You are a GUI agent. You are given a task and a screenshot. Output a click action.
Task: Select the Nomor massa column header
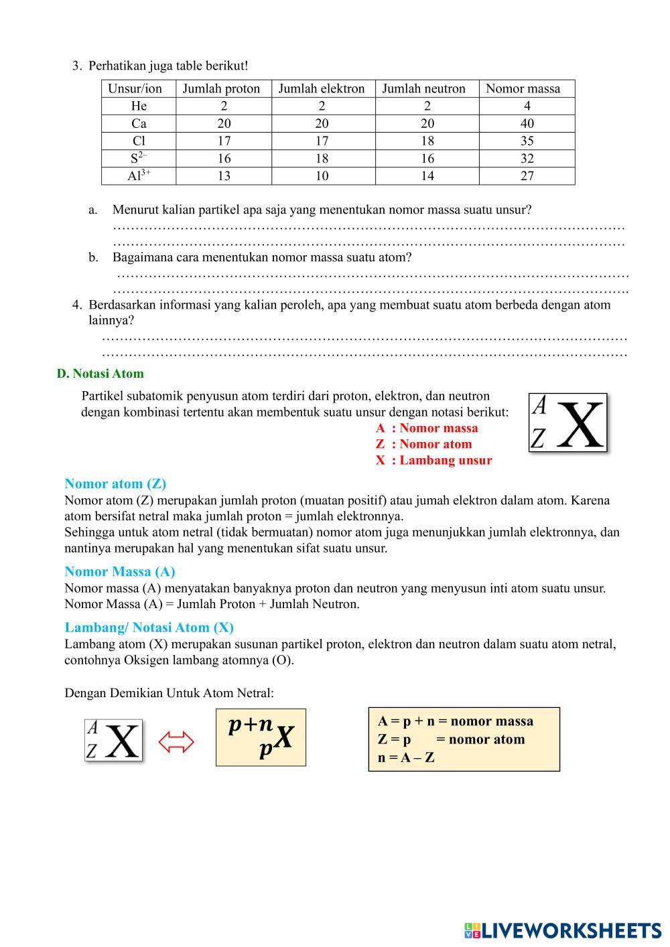click(x=523, y=88)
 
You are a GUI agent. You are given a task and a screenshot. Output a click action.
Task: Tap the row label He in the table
click(x=139, y=106)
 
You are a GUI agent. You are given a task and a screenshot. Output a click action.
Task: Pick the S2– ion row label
click(x=139, y=158)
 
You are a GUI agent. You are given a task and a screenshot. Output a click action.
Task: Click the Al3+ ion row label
click(x=139, y=175)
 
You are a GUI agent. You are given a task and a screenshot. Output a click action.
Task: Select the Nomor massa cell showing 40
click(x=527, y=123)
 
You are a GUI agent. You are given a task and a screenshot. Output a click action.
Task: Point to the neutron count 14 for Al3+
click(x=427, y=175)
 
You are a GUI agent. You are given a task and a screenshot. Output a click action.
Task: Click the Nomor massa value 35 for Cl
click(x=527, y=141)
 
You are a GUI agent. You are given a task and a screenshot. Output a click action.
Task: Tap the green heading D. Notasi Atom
click(x=100, y=374)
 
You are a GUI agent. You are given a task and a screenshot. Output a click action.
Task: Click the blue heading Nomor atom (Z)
click(x=115, y=484)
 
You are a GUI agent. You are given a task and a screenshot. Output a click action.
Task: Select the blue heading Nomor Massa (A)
click(x=119, y=571)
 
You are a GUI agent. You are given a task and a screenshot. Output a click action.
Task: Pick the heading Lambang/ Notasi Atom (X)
click(x=149, y=628)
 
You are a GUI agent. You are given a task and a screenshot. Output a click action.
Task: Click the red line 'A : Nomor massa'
click(x=427, y=428)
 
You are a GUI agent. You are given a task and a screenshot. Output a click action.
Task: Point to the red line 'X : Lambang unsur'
click(x=433, y=460)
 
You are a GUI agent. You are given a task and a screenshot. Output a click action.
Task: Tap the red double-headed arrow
click(x=176, y=741)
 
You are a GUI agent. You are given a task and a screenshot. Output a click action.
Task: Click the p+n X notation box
click(x=261, y=737)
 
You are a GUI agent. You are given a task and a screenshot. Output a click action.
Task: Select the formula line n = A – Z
click(x=406, y=758)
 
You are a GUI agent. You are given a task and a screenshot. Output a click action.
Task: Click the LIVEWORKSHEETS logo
click(x=562, y=930)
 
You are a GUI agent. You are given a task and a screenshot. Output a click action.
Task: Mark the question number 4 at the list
click(x=76, y=305)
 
